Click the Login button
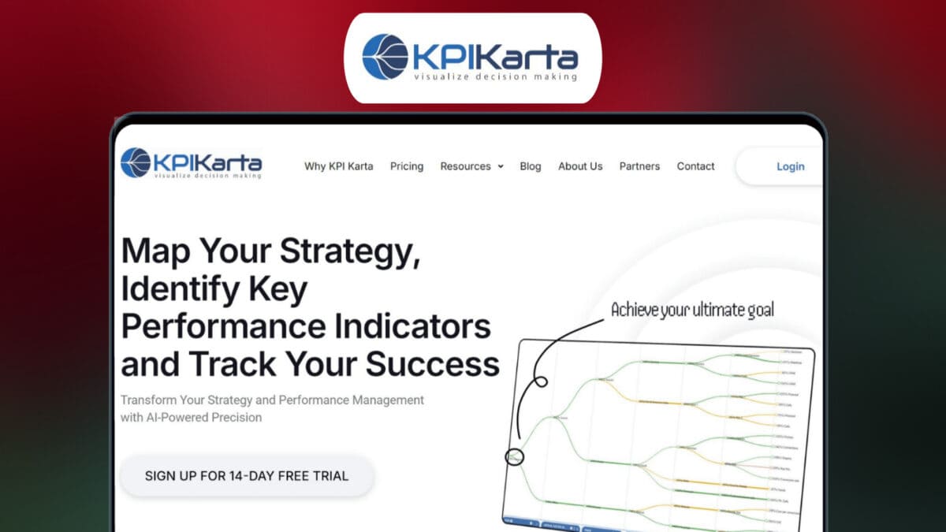pyautogui.click(x=790, y=166)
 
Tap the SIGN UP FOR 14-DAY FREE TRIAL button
pyautogui.click(x=247, y=476)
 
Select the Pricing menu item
pyautogui.click(x=407, y=166)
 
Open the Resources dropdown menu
pyautogui.click(x=471, y=166)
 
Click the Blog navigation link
pyautogui.click(x=531, y=166)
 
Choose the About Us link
pyautogui.click(x=580, y=166)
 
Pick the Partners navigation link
pyautogui.click(x=639, y=166)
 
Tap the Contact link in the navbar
pyautogui.click(x=695, y=166)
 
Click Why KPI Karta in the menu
pyautogui.click(x=339, y=166)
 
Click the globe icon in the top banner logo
pyautogui.click(x=385, y=57)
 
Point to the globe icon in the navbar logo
pyautogui.click(x=136, y=162)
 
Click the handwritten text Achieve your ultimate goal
pyautogui.click(x=692, y=310)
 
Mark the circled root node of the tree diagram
pyautogui.click(x=514, y=456)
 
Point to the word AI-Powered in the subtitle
pyautogui.click(x=151, y=418)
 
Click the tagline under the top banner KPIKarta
pyautogui.click(x=496, y=76)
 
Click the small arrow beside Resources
pyautogui.click(x=501, y=167)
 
